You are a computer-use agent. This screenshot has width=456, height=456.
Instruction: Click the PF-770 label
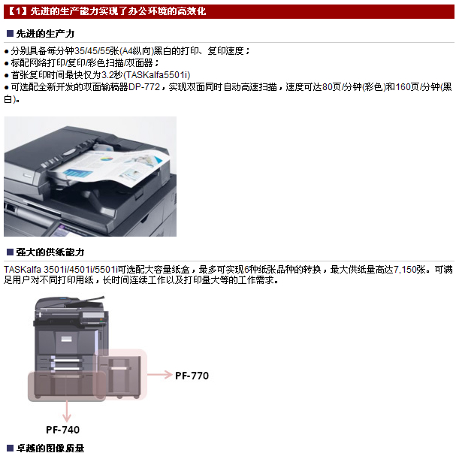192,376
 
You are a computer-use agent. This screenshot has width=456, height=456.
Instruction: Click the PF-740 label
62,430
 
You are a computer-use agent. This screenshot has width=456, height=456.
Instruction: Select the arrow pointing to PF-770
160,374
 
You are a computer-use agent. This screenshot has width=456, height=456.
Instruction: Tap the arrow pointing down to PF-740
67,411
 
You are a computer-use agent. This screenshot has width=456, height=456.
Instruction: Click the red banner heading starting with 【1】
107,11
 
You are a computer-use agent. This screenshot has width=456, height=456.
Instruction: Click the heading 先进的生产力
45,34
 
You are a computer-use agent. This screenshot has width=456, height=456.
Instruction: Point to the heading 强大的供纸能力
50,252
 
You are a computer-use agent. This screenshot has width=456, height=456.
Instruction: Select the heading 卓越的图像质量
50,448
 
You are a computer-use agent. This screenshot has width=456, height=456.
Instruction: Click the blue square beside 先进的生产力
11,34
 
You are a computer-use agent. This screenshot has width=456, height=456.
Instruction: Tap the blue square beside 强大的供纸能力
11,252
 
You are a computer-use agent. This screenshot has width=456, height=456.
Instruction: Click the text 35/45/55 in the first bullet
92,51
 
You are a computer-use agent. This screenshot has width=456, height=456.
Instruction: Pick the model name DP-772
144,86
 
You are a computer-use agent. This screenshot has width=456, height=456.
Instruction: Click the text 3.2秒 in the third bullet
112,75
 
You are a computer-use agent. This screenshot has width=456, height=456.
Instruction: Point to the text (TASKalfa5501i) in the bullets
157,75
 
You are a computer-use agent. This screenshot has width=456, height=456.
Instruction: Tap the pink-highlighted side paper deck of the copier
122,374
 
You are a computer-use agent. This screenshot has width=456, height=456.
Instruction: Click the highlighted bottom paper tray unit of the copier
67,386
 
